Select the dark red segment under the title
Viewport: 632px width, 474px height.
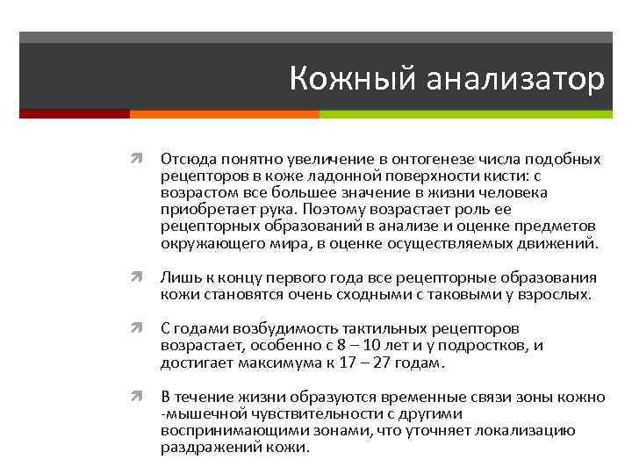pos(74,114)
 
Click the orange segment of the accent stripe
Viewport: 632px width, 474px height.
pos(224,114)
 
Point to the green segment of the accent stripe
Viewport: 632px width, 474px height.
pos(466,114)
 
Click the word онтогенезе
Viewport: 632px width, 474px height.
pos(404,159)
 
